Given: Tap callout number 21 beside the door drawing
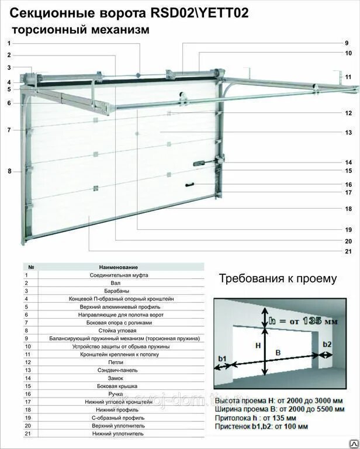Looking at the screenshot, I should click(348, 252).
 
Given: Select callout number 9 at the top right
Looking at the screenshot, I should click(346, 43).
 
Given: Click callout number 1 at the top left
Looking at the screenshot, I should click(9, 43).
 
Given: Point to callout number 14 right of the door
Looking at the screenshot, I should click(348, 162).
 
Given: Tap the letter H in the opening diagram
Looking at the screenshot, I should click(258, 346).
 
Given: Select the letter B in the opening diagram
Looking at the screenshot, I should click(278, 353).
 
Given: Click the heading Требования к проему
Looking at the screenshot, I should click(278, 278).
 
